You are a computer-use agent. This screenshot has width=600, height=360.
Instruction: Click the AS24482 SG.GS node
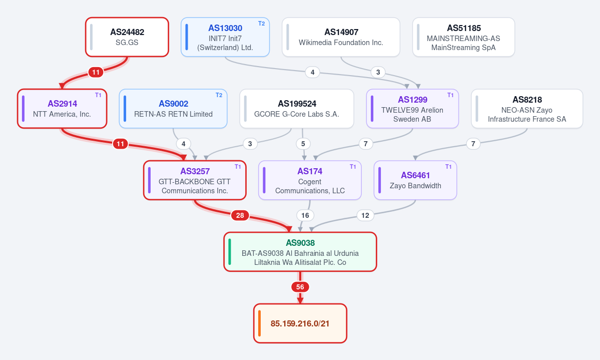click(127, 37)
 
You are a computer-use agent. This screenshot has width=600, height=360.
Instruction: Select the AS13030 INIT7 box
click(225, 37)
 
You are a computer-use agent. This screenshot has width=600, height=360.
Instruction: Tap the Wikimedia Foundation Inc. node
click(341, 37)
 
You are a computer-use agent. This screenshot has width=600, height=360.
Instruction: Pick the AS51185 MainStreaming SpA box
click(463, 37)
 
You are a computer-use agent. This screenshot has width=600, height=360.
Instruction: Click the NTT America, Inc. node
click(62, 109)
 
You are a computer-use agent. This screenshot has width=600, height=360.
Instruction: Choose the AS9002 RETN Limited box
click(173, 109)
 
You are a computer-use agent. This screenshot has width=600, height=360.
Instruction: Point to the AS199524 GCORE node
click(297, 109)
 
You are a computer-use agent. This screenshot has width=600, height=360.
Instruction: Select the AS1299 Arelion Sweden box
click(412, 109)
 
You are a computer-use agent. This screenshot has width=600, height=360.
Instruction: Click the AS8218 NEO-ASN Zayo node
click(527, 109)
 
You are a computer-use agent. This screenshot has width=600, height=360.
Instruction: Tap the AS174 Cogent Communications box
click(310, 180)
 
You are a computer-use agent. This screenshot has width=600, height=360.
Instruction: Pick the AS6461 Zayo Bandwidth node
click(415, 180)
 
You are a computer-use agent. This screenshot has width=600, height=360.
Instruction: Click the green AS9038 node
click(300, 252)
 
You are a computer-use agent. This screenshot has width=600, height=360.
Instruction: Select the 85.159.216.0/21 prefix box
click(300, 323)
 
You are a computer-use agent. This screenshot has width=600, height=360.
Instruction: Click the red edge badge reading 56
click(300, 287)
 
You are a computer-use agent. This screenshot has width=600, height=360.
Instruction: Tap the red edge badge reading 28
click(240, 215)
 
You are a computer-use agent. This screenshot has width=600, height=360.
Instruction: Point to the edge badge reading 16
click(305, 215)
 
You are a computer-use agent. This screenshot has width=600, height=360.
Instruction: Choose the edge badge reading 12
click(365, 215)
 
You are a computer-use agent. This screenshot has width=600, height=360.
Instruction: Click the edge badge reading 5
click(303, 144)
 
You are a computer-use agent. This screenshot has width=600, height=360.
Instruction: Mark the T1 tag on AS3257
click(238, 167)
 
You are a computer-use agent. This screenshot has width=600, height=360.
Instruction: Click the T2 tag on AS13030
click(261, 24)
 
